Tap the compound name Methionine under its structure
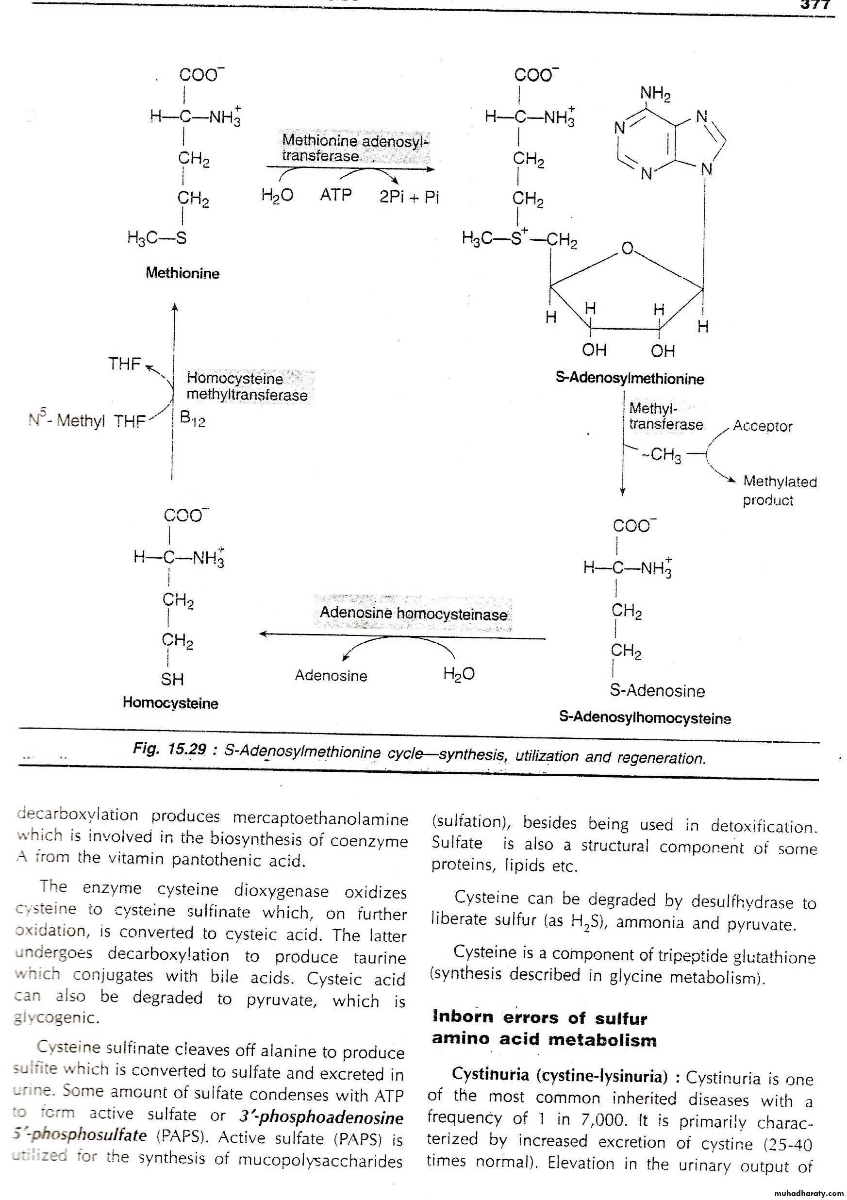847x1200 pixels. point(183,273)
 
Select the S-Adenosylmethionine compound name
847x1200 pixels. point(630,378)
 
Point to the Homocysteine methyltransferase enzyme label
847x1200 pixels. point(247,387)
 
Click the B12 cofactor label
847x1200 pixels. point(192,418)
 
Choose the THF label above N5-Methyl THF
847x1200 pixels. point(124,364)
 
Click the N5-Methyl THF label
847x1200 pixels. point(87,420)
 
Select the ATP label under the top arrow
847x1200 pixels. point(335,195)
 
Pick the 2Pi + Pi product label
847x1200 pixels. point(409,197)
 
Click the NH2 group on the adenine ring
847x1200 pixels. point(655,94)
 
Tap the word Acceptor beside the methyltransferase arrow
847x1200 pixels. point(762,426)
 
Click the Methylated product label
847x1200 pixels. point(779,490)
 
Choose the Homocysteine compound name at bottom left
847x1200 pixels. point(170,703)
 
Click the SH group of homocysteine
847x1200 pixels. point(172,679)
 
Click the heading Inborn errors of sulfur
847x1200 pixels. point(540,1017)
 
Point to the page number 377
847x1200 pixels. point(815,5)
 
